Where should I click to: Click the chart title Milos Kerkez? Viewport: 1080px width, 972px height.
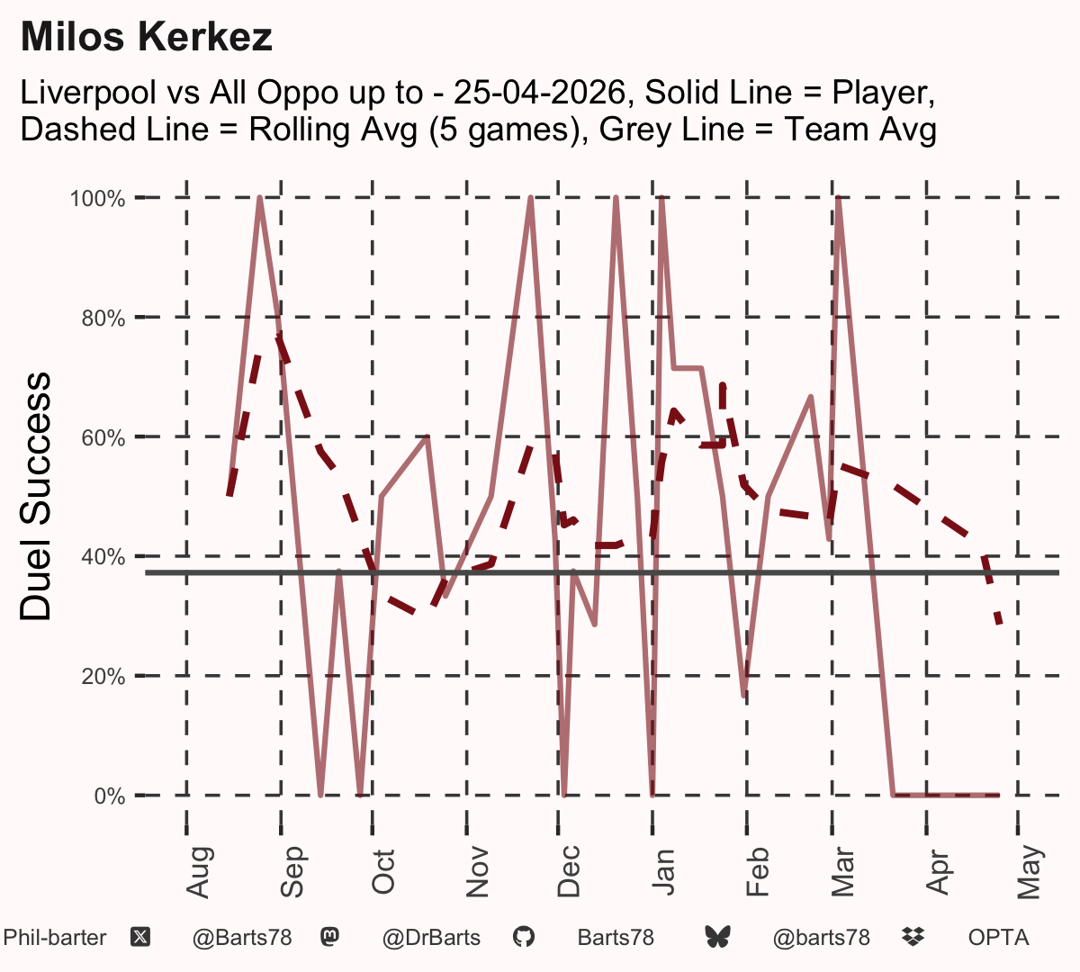pyautogui.click(x=147, y=37)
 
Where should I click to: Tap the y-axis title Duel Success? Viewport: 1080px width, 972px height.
pyautogui.click(x=35, y=496)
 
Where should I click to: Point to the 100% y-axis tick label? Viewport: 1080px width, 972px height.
pyautogui.click(x=97, y=199)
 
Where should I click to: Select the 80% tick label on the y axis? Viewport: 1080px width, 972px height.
pyautogui.click(x=103, y=319)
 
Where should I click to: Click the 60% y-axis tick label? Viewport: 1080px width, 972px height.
pyautogui.click(x=103, y=437)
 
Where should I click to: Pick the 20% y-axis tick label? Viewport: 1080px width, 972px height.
pyautogui.click(x=103, y=677)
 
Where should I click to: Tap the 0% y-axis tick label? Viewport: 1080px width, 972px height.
pyautogui.click(x=109, y=796)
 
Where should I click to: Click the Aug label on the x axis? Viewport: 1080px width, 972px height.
pyautogui.click(x=199, y=872)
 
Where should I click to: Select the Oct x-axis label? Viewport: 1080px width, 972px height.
pyautogui.click(x=383, y=872)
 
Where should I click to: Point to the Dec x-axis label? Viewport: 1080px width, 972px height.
pyautogui.click(x=569, y=871)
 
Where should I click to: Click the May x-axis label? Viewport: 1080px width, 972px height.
pyautogui.click(x=1030, y=872)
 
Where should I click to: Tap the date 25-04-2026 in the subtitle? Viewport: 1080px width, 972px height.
pyautogui.click(x=539, y=92)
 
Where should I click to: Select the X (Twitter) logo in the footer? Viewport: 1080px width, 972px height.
pyautogui.click(x=140, y=938)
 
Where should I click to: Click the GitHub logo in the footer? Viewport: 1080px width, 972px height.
pyautogui.click(x=524, y=937)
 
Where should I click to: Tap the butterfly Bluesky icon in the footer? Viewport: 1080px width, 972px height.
pyautogui.click(x=717, y=937)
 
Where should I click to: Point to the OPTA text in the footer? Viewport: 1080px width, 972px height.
pyautogui.click(x=999, y=938)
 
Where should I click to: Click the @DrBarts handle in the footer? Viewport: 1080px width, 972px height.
pyautogui.click(x=431, y=938)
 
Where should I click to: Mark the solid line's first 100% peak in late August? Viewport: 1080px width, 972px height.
pyautogui.click(x=260, y=199)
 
